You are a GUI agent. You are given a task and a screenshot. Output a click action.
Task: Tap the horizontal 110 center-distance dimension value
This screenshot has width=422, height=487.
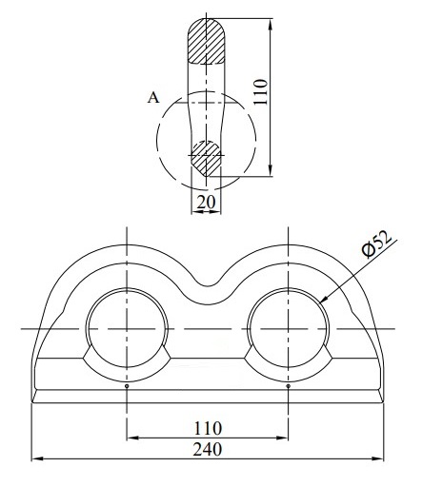(207, 427)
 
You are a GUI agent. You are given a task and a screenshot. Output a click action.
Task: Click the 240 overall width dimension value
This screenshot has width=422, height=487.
(207, 447)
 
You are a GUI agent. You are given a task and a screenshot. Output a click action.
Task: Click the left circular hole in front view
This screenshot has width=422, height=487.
(127, 327)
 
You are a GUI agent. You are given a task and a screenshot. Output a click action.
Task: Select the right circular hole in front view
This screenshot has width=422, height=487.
(288, 327)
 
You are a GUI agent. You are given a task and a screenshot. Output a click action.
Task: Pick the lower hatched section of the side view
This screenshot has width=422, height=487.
(206, 156)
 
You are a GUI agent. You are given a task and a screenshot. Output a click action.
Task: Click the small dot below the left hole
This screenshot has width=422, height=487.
(127, 386)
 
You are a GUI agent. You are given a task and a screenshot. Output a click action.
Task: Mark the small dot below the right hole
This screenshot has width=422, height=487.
(288, 386)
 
